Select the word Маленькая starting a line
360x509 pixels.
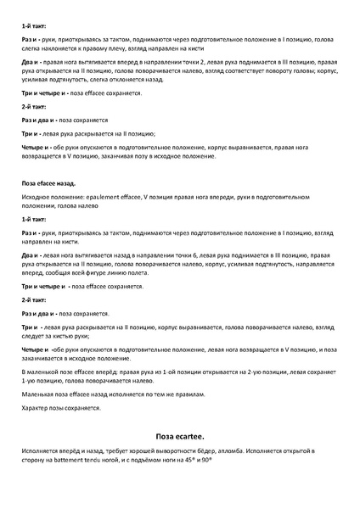pos(39,394)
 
